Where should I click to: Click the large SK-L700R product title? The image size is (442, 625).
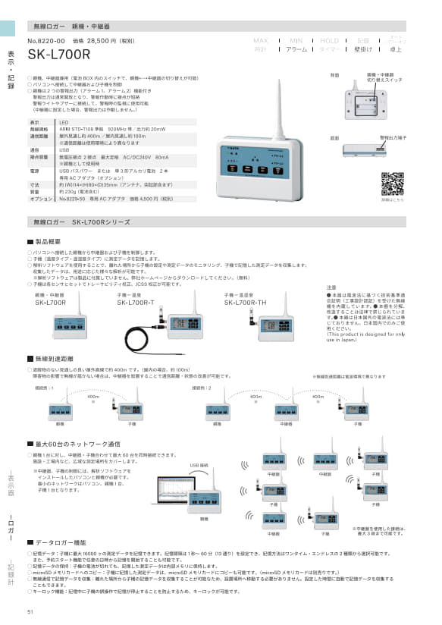pos(58,54)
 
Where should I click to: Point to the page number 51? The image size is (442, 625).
pos(30,612)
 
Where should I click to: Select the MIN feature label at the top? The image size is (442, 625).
pos(296,39)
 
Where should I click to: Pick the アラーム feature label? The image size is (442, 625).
pos(296,49)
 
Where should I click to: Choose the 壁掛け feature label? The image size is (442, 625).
pos(362,49)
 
